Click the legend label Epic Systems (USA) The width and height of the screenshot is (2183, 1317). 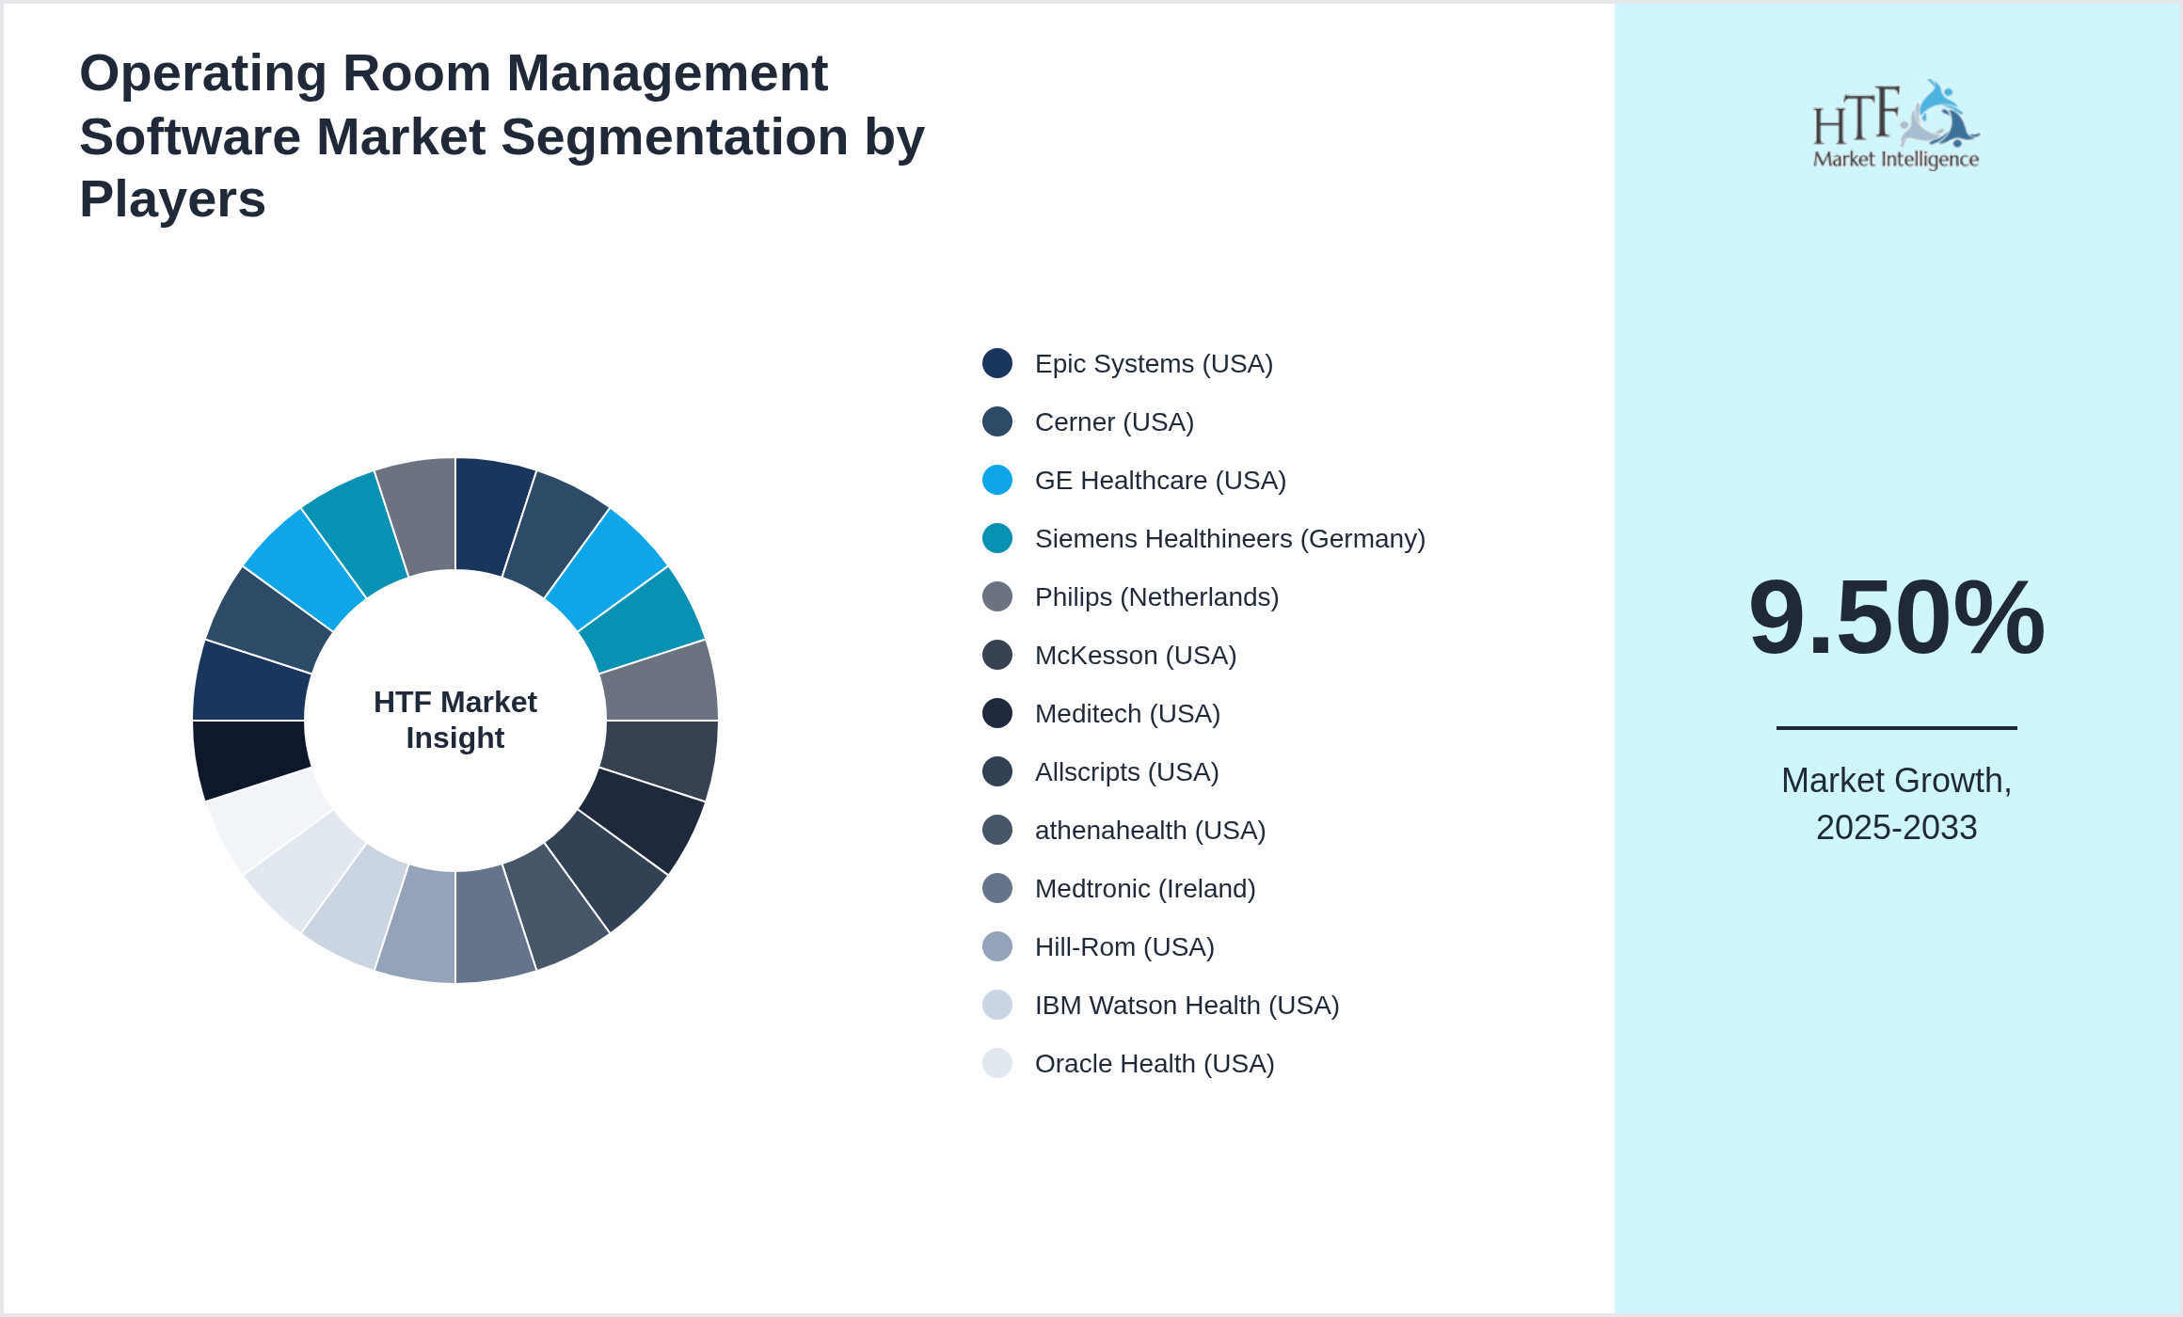click(x=1153, y=364)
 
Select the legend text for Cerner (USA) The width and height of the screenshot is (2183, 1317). click(x=1113, y=422)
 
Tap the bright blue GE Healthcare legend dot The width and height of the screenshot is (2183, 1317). click(x=997, y=481)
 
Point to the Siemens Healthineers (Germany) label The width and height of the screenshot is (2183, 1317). click(x=1229, y=539)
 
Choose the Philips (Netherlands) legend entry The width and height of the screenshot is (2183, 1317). click(x=1155, y=597)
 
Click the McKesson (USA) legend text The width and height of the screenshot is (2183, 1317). click(x=1135, y=656)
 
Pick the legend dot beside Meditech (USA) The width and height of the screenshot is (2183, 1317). click(x=997, y=714)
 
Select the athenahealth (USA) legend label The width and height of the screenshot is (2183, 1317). click(x=1149, y=831)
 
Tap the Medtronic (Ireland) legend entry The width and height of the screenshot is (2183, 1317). click(x=1144, y=889)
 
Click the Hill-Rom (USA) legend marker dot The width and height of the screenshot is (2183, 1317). click(x=997, y=947)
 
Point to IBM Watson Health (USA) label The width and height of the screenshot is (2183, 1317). click(x=1186, y=1006)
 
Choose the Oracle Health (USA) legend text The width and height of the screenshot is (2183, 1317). click(x=1154, y=1064)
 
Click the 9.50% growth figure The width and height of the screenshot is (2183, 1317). click(x=1896, y=618)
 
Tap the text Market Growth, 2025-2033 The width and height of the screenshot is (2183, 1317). click(x=1896, y=804)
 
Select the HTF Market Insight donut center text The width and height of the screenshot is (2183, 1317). click(x=455, y=721)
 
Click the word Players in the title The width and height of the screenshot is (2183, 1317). click(x=172, y=199)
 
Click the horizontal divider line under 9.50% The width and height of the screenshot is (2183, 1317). click(x=1896, y=727)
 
